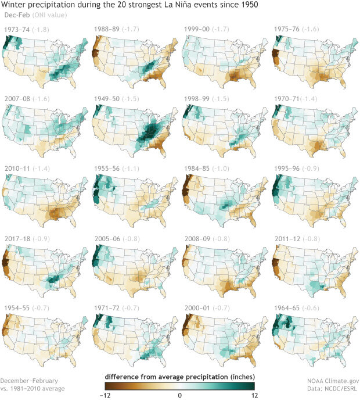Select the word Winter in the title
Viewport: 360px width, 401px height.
[14, 5]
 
